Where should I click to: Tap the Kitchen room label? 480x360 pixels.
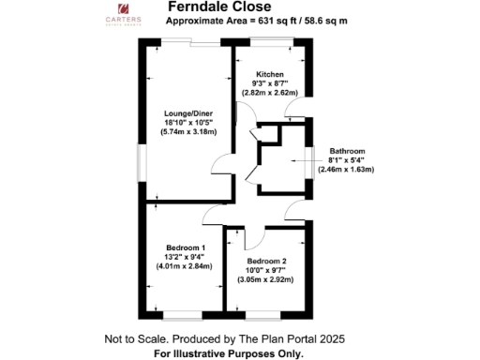(269, 75)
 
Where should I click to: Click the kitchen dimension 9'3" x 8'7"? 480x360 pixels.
(269, 84)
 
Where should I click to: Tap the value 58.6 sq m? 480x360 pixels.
(320, 22)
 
